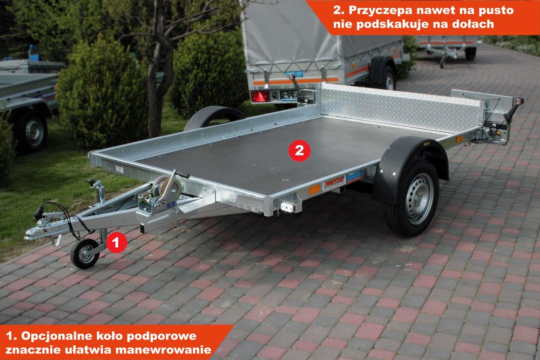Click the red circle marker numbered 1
[116, 242]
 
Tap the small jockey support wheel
[84, 254]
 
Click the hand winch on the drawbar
[163, 192]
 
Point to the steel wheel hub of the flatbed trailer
[419, 199]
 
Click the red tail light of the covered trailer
[260, 96]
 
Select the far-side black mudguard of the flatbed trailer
[214, 117]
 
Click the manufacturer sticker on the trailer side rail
[333, 183]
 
